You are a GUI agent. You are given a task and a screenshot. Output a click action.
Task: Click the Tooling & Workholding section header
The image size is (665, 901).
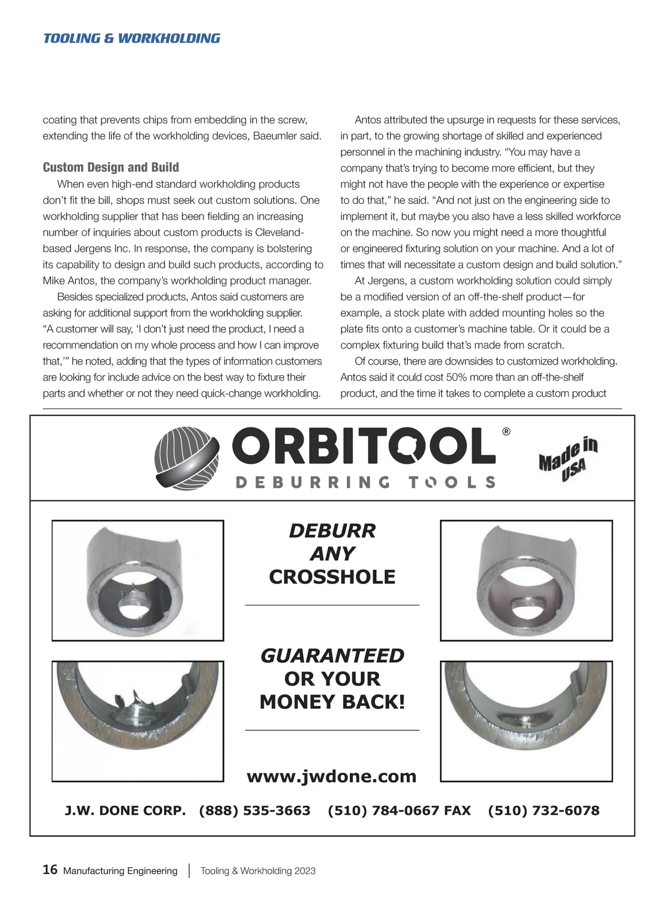pyautogui.click(x=131, y=38)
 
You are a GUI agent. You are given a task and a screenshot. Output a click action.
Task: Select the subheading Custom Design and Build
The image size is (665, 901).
pyautogui.click(x=111, y=167)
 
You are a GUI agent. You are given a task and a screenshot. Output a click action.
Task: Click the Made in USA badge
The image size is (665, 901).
pyautogui.click(x=569, y=459)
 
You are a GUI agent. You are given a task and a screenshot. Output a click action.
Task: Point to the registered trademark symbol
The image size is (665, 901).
pyautogui.click(x=506, y=432)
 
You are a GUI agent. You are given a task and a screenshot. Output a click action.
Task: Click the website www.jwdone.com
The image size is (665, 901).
pyautogui.click(x=331, y=776)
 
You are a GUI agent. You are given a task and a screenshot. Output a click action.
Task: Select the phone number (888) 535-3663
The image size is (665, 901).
pyautogui.click(x=254, y=811)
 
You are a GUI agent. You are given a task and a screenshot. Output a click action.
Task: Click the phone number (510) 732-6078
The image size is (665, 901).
pyautogui.click(x=544, y=811)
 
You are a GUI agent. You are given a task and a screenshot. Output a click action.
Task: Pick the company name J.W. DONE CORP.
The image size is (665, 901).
pyautogui.click(x=125, y=811)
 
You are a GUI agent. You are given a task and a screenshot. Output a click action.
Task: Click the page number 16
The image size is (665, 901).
pyautogui.click(x=50, y=870)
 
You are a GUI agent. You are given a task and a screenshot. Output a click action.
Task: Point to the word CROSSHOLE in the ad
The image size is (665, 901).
pyautogui.click(x=332, y=577)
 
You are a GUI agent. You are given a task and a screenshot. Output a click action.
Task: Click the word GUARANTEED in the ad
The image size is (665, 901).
pyautogui.click(x=332, y=656)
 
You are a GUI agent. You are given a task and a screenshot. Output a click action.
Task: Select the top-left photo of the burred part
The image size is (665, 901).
pyautogui.click(x=137, y=580)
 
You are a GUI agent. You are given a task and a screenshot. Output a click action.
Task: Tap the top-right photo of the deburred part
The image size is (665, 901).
pyautogui.click(x=526, y=580)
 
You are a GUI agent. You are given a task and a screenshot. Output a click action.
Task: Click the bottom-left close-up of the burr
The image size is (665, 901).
pyautogui.click(x=137, y=721)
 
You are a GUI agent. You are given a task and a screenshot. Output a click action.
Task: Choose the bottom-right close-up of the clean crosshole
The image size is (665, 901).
pyautogui.click(x=526, y=721)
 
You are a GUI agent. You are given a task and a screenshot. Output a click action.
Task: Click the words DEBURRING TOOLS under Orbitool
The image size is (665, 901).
pyautogui.click(x=365, y=482)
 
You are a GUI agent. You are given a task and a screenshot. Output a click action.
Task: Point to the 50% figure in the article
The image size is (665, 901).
pyautogui.click(x=455, y=377)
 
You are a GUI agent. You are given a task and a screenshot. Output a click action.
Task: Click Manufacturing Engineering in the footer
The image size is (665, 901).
pyautogui.click(x=120, y=871)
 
